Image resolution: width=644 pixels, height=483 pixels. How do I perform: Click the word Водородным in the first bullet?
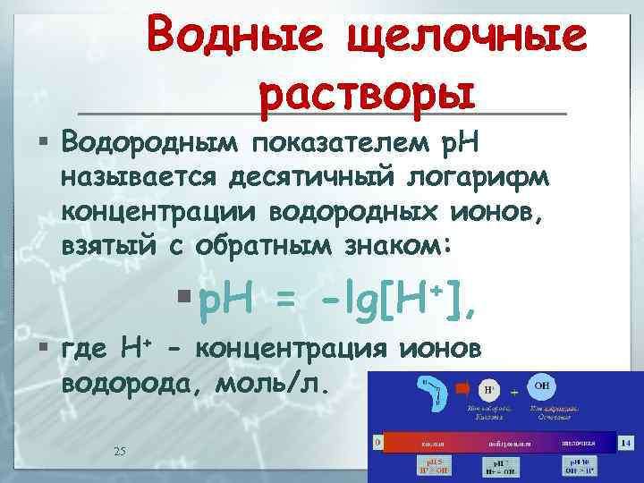pyautogui.click(x=148, y=141)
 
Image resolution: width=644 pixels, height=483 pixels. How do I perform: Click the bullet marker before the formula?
pyautogui.click(x=183, y=296)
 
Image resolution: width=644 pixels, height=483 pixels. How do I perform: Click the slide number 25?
pyautogui.click(x=120, y=450)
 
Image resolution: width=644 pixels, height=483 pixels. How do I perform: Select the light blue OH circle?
pyautogui.click(x=542, y=386)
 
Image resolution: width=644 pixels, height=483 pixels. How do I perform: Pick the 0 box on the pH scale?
pyautogui.click(x=378, y=442)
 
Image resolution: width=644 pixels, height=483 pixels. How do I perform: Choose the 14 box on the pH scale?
pyautogui.click(x=627, y=442)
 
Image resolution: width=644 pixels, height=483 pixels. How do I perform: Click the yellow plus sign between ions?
pyautogui.click(x=514, y=392)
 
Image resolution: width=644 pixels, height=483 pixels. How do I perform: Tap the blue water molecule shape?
pyautogui.click(x=433, y=394)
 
